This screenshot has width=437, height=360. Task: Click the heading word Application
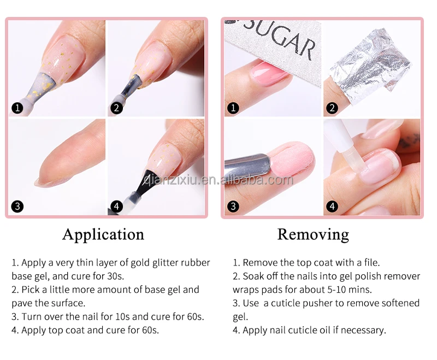103,234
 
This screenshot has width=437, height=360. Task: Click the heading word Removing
313,234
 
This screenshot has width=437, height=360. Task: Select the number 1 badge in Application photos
18,108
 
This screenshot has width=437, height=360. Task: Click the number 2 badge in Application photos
116,108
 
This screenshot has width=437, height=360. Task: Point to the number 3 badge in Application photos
18,206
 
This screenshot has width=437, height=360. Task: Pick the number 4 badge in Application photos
116,206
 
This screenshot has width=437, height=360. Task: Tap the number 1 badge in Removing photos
234,108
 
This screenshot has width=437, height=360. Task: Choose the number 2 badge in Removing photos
332,108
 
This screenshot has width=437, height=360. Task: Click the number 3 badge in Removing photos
234,206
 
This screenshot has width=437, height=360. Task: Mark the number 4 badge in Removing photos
332,206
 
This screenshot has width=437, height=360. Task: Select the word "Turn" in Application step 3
32,316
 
